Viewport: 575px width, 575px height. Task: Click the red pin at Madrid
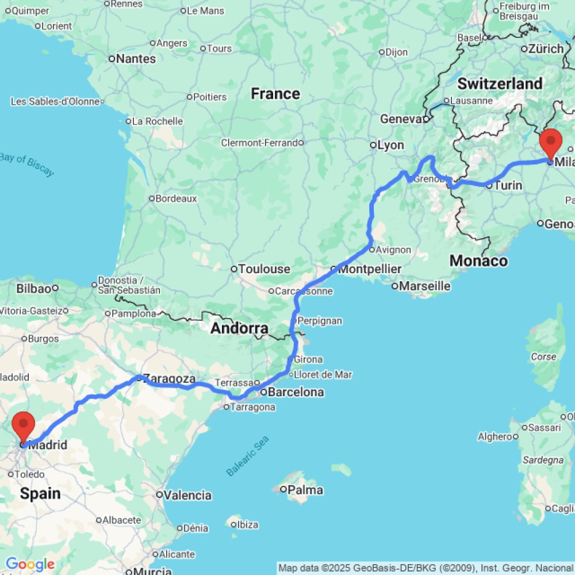coord(24,426)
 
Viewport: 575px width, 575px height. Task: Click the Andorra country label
coord(239,329)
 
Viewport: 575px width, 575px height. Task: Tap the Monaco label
coord(478,261)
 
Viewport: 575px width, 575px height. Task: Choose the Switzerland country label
coord(500,84)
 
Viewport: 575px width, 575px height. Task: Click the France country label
coord(275,94)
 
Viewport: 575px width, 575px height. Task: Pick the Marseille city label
coord(425,286)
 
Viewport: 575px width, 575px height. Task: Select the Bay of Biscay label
coord(27,164)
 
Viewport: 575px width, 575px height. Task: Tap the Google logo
coord(29,565)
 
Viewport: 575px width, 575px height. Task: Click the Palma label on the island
coord(305,490)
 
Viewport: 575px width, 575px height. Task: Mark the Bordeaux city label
coord(177,198)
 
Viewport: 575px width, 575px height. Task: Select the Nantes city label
coord(136,59)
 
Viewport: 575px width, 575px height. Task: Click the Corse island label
coord(543,356)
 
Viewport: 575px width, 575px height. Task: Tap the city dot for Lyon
coord(373,145)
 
